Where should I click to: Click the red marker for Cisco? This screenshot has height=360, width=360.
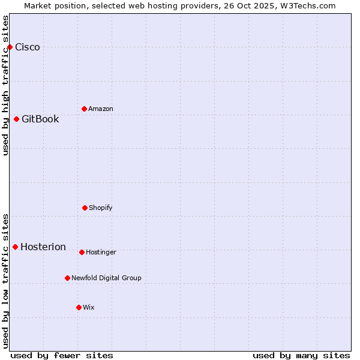point(10,47)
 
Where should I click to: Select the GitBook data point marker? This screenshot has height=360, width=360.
point(16,119)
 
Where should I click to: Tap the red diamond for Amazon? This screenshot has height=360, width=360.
point(84,109)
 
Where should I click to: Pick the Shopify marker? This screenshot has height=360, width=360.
point(85,208)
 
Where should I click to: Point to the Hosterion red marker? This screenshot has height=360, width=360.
point(15,247)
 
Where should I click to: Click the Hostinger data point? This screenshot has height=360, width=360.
point(82,252)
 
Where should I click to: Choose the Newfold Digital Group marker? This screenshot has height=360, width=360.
point(67,278)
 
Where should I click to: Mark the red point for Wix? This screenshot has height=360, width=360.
point(79,307)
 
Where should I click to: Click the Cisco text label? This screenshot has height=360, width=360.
point(28,47)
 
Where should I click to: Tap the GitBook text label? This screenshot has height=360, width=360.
point(40,119)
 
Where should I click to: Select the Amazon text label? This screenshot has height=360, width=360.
point(101,109)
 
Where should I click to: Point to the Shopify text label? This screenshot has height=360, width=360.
point(101,208)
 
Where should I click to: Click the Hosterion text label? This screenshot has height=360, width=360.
point(43,247)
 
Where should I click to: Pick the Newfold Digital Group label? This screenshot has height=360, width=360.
point(106,278)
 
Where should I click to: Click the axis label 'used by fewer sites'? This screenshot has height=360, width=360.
point(62,355)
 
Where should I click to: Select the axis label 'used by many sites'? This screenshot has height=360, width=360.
point(301,355)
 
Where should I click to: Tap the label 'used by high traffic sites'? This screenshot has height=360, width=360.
point(6,85)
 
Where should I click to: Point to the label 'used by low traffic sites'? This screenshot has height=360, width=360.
point(6,281)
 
